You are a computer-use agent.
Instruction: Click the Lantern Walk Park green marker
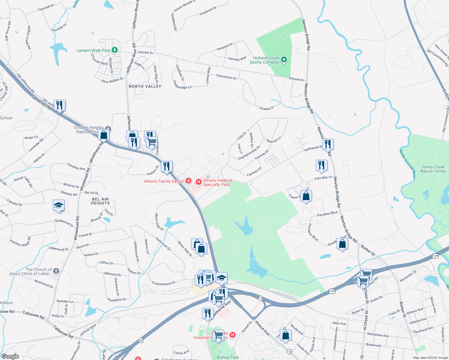coord(114,50)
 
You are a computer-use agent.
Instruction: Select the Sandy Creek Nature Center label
coord(433,169)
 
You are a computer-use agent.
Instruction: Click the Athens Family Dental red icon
coord(188,181)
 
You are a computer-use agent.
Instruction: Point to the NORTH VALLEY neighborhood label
coord(145,86)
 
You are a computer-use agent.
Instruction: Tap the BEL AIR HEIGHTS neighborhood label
coord(100,201)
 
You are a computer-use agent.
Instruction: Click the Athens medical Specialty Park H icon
coord(198,182)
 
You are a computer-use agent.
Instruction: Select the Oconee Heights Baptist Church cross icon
coord(108,129)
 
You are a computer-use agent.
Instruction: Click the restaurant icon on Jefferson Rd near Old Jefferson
coord(59,105)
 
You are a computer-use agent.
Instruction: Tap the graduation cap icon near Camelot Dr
coord(59,205)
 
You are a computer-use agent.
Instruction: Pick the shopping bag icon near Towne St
coord(306,196)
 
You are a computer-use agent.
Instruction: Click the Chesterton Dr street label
coord(226,76)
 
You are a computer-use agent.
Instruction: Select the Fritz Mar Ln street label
coord(323,178)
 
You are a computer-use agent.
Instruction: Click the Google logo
coord(10,356)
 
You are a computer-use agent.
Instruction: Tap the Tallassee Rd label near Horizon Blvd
coord(63,332)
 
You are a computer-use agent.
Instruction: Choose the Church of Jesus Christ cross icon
coord(56,271)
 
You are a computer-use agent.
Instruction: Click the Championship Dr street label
coord(249,153)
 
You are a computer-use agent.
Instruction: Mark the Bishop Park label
coord(228,357)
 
